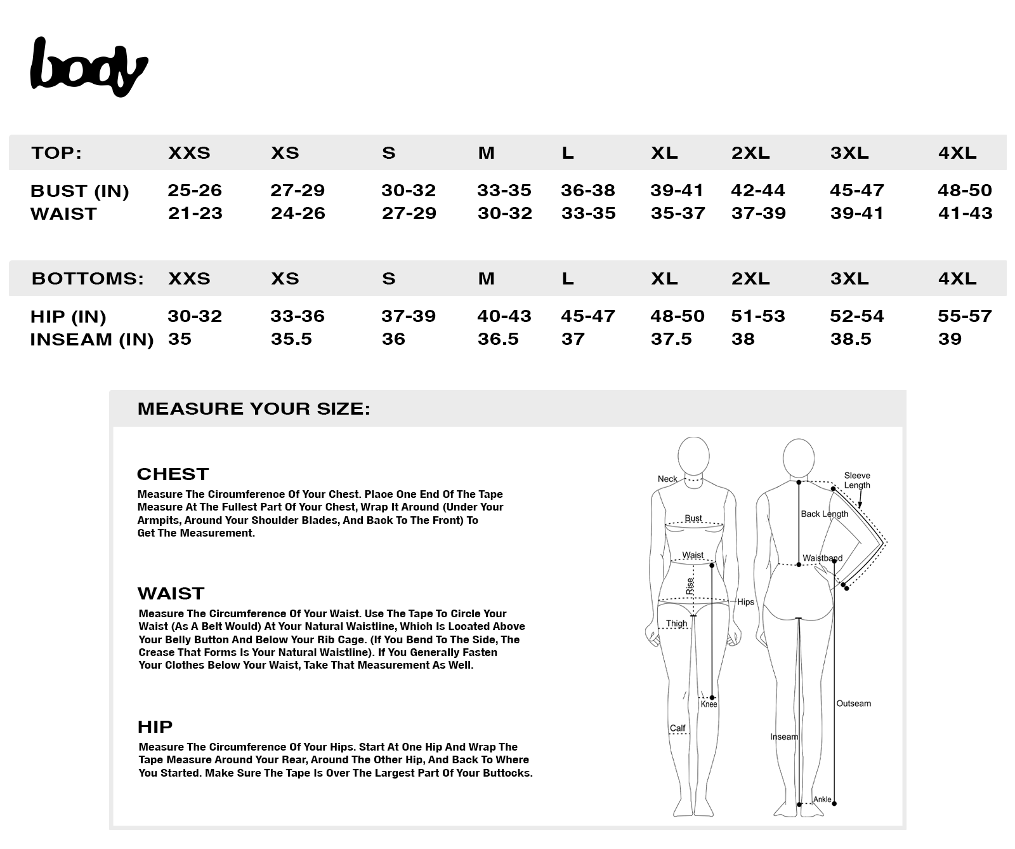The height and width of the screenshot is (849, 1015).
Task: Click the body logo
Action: click(89, 67)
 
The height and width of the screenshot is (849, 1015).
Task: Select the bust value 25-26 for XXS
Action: click(194, 191)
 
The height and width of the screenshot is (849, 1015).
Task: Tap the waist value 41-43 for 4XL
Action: click(965, 213)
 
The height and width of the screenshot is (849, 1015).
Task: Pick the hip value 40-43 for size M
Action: click(504, 316)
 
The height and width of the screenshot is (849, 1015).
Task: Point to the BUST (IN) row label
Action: click(80, 191)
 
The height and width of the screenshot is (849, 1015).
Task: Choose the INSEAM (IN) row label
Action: click(92, 340)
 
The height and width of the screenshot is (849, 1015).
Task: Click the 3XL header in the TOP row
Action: click(849, 153)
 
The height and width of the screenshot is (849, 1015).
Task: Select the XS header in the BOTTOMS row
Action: click(285, 279)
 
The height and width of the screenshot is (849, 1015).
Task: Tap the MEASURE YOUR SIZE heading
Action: click(254, 408)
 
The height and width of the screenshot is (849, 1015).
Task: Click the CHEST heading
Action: click(173, 474)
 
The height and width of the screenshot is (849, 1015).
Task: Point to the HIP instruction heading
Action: click(155, 726)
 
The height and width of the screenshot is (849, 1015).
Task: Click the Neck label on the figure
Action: click(667, 479)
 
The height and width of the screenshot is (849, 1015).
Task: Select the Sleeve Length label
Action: click(857, 480)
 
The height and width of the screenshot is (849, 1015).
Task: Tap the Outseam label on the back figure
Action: click(853, 704)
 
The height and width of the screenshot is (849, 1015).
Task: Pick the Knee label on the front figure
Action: click(709, 704)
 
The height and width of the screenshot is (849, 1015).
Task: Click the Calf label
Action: click(678, 728)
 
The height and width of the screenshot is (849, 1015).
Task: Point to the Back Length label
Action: click(824, 514)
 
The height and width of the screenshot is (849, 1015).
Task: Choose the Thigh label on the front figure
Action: click(676, 624)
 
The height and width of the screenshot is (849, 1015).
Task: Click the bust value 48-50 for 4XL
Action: click(964, 191)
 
